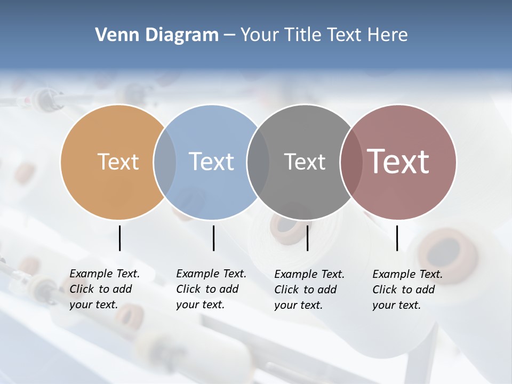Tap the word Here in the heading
click(x=388, y=35)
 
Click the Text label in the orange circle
click(x=118, y=162)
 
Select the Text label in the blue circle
click(x=211, y=162)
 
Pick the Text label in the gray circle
click(x=305, y=162)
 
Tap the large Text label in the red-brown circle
click(x=398, y=162)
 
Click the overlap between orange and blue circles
click(x=165, y=162)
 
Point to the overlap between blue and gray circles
click(x=258, y=162)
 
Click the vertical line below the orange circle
click(x=119, y=238)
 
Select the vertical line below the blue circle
click(x=213, y=238)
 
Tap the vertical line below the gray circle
click(x=307, y=238)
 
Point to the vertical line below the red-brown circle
click(x=397, y=238)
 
